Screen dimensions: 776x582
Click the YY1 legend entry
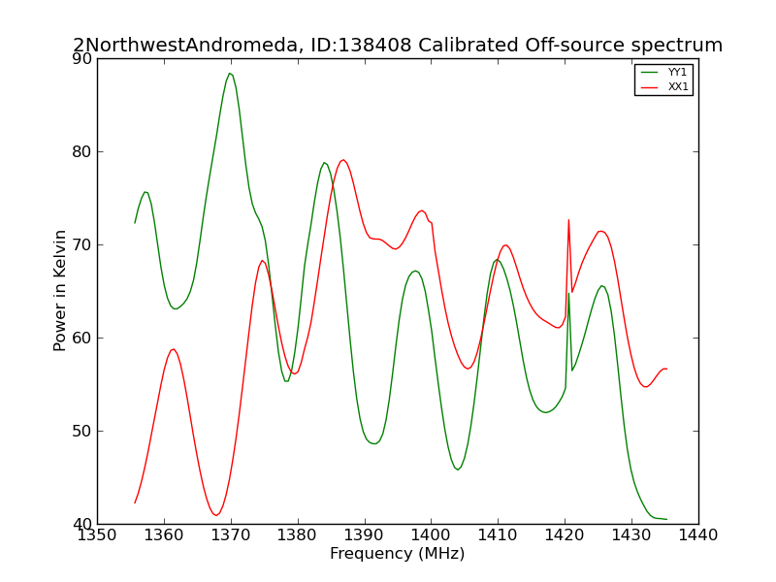pos(664,72)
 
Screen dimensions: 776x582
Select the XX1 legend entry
pos(664,86)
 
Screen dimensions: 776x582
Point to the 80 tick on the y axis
pos(81,151)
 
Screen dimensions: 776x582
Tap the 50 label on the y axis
pos(81,431)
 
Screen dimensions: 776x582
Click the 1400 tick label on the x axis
pos(431,535)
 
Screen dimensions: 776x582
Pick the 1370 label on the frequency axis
pos(231,535)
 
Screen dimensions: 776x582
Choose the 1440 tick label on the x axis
pos(697,535)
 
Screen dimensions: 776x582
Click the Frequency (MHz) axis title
pos(398,553)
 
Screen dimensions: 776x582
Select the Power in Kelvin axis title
pos(59,290)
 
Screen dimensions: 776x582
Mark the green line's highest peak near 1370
pos(230,74)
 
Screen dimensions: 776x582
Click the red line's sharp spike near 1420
pos(568,220)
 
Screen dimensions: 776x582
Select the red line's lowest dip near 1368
pos(215,515)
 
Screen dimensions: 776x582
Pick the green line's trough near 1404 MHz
pos(458,469)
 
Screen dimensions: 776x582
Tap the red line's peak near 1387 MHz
pos(343,160)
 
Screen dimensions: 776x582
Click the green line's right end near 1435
pos(666,519)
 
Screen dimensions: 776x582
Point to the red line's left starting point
pos(135,502)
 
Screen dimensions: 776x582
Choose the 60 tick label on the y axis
pos(81,338)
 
